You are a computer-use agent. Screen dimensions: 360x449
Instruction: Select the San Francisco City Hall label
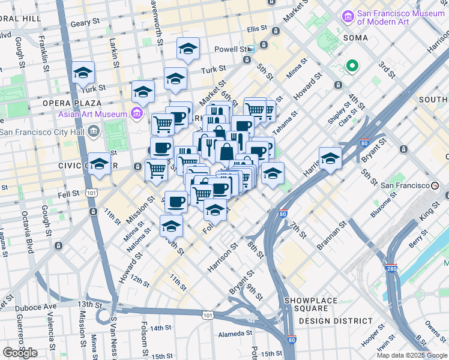tap(43, 131)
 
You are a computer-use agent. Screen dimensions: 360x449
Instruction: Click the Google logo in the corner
tap(20, 352)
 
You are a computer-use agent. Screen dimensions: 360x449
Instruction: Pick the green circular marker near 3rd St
tap(352, 66)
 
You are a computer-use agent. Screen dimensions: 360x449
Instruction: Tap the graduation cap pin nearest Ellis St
tap(188, 49)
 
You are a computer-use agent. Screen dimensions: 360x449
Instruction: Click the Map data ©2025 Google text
tap(412, 355)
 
